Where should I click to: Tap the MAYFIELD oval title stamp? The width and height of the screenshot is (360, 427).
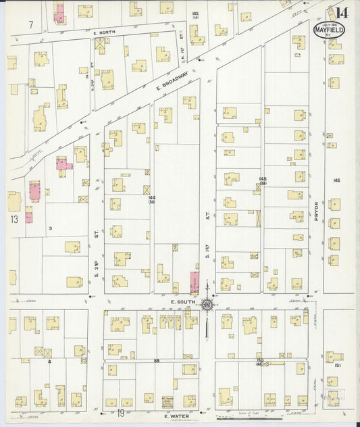pos(330,30)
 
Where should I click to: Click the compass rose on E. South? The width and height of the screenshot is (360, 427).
pos(207,305)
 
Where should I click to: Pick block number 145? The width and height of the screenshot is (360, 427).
pos(262,180)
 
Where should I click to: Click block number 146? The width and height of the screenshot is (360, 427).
pos(336,180)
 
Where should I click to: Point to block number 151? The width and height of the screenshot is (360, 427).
pos(336,364)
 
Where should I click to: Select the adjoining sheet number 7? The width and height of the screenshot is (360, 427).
pos(31,25)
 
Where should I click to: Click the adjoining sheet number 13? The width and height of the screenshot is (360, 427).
pos(15,220)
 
